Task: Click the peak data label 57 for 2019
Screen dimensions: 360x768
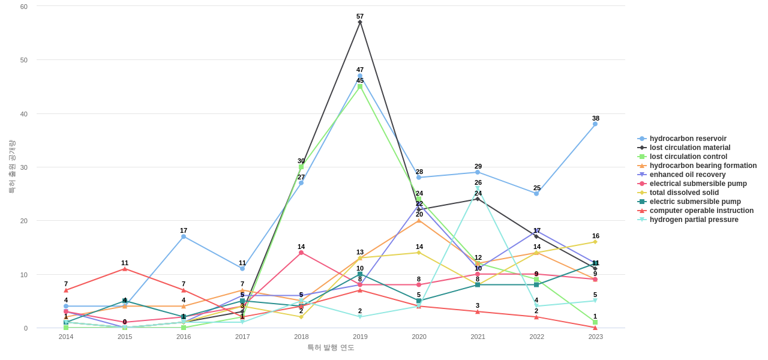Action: click(360, 16)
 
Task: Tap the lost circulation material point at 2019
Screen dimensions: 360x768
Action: click(360, 22)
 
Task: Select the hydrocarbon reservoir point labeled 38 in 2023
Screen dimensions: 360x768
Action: click(595, 124)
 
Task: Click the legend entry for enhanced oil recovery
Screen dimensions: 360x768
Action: click(688, 175)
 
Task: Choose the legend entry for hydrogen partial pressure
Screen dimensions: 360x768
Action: click(694, 220)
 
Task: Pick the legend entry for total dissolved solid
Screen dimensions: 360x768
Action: click(684, 193)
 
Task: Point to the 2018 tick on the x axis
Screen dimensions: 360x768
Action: click(301, 337)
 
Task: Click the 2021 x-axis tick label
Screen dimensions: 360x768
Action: click(478, 337)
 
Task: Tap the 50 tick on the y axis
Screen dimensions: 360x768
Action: click(24, 60)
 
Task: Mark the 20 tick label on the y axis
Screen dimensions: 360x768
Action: click(24, 221)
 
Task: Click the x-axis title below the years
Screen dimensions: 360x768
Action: click(331, 347)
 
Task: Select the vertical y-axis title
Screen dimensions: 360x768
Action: click(11, 167)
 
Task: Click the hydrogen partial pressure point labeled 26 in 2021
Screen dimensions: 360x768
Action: click(478, 188)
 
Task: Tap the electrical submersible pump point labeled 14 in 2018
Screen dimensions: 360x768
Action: click(301, 253)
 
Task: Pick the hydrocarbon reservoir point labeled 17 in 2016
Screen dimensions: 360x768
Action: click(184, 236)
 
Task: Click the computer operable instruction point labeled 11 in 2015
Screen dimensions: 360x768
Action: click(125, 269)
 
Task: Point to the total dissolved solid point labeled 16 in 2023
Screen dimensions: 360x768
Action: click(595, 242)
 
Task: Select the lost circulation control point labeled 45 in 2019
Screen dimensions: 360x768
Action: click(360, 86)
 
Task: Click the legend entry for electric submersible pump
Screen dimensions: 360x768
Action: click(695, 202)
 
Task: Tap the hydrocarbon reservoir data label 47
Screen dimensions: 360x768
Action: click(360, 70)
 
